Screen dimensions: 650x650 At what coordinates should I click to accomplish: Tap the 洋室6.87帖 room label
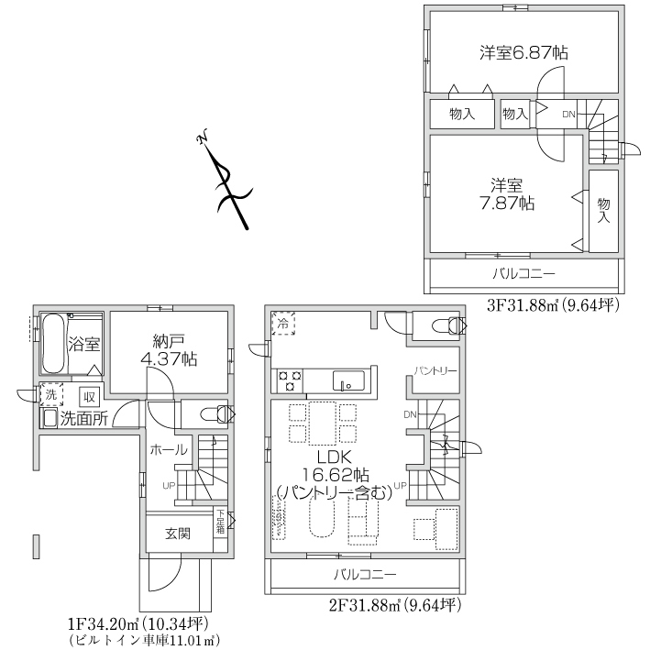click(523, 52)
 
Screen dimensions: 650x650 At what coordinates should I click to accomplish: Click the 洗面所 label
click(83, 419)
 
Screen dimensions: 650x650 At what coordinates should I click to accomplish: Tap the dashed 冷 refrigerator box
click(284, 322)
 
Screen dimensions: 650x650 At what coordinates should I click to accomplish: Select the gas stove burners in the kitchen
click(290, 379)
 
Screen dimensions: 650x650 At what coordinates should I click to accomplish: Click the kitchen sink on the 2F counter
click(349, 380)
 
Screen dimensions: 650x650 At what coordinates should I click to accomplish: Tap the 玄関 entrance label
click(178, 533)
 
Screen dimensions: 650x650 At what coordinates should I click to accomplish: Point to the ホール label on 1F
click(169, 450)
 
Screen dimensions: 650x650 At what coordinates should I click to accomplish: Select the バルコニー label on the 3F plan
click(523, 273)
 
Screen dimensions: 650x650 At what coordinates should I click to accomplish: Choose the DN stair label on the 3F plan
click(568, 115)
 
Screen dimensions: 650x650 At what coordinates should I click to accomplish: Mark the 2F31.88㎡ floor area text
click(394, 606)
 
